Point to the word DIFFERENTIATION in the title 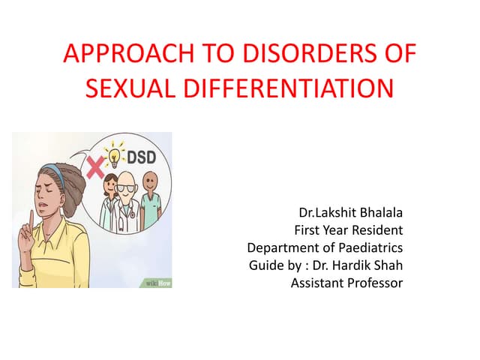pyautogui.click(x=286, y=89)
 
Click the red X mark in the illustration pyautogui.click(x=96, y=168)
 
